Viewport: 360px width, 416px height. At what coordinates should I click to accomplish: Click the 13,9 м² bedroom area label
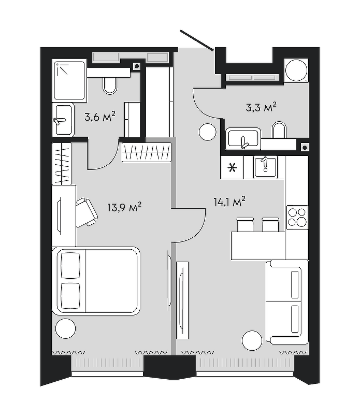pos(124,207)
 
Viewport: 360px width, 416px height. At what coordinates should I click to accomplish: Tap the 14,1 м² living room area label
pos(229,202)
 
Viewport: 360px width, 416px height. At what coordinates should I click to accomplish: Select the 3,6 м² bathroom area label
pos(100,117)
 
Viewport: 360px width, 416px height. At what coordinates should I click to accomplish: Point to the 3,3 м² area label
pos(261,107)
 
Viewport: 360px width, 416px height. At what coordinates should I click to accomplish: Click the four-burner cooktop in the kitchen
pos(297,217)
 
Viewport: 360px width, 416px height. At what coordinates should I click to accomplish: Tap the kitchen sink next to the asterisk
pos(265,167)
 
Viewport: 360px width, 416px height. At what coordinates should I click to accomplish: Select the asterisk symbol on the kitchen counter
pos(232,168)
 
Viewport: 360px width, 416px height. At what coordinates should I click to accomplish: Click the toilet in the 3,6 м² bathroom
pos(110,85)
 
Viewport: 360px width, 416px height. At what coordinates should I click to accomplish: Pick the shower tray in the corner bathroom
pos(70,81)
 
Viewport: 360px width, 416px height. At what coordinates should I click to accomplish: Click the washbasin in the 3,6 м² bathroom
pos(63,120)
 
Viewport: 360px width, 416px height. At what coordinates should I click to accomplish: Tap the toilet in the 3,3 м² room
pos(279,130)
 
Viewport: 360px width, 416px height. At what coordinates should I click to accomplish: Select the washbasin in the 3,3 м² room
pos(243,138)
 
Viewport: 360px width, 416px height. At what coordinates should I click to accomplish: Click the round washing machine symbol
pos(296,70)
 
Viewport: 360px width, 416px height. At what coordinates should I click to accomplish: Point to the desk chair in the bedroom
pos(87,212)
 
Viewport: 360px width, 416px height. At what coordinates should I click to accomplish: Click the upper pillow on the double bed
pos(70,265)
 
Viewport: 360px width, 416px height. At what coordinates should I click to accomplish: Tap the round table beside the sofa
pos(252,341)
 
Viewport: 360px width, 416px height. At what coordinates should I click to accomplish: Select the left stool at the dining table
pos(245,225)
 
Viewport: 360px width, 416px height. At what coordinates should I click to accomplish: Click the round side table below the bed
pos(66,328)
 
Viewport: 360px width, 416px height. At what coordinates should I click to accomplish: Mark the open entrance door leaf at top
pos(197,40)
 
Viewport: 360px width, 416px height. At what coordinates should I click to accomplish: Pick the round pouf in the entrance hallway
pos(208,132)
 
